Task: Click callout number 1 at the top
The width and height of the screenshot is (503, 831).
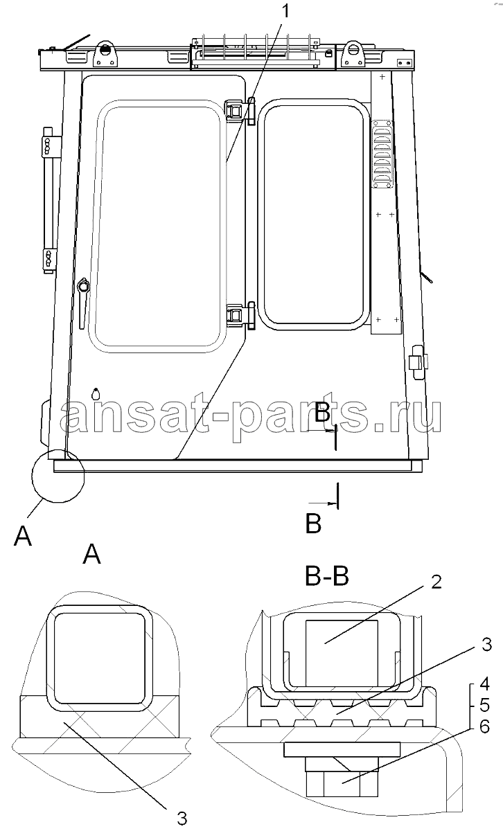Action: point(285,11)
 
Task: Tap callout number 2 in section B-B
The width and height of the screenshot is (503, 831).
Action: point(436,582)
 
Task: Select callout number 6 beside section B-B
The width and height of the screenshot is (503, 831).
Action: point(484,727)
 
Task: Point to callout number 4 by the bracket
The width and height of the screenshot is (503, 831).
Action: point(484,683)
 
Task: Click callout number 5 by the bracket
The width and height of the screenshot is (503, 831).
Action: point(484,705)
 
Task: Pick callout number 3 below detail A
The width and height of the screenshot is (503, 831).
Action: point(182,817)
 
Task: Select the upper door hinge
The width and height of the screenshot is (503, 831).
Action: point(240,111)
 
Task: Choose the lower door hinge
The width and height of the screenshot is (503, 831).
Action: point(240,315)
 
